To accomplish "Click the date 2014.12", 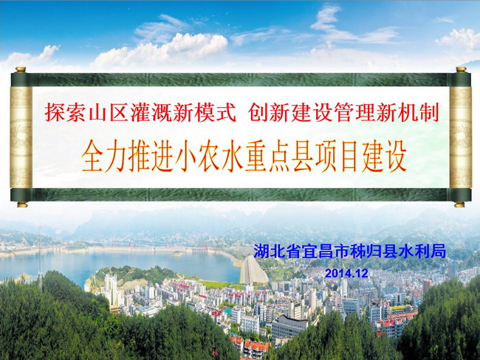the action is (346, 273).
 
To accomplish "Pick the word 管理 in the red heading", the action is (354, 112).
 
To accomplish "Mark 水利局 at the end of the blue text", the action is (422, 252).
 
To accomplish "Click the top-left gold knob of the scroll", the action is (21, 69).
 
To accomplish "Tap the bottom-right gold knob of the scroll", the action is (459, 204).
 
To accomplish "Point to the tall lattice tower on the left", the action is (40, 257).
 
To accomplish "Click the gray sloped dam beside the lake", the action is (253, 271).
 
